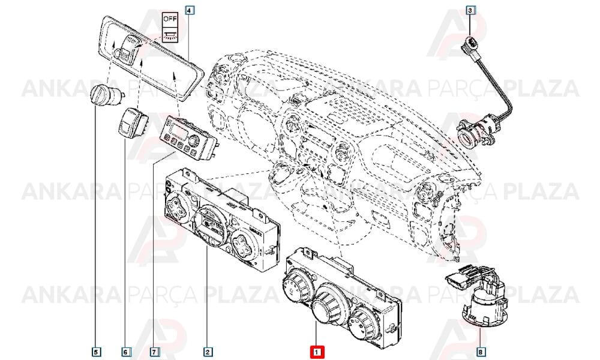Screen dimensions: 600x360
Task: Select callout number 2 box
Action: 207,351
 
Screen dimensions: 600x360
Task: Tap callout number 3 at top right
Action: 470,10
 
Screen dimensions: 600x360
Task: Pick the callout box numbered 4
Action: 188,10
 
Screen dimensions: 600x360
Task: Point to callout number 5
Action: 96,351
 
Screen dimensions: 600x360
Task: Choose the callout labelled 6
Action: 125,351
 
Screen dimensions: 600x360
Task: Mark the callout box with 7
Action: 154,351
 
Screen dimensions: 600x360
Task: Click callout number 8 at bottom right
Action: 481,351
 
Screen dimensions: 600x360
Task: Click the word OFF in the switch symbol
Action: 169,19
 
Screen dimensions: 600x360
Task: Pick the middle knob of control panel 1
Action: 325,305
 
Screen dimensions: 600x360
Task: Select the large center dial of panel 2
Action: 209,226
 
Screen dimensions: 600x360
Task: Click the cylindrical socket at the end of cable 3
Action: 475,131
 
